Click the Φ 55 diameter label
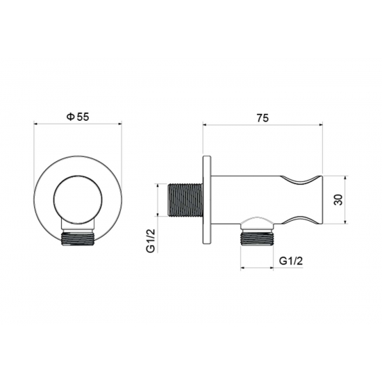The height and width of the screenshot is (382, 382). pyautogui.click(x=78, y=117)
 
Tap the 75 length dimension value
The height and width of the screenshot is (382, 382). pyautogui.click(x=263, y=118)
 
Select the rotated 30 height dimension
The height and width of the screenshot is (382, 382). pyautogui.click(x=338, y=200)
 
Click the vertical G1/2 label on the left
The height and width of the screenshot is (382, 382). pyautogui.click(x=151, y=241)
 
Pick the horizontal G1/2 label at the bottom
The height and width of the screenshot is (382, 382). pyautogui.click(x=291, y=261)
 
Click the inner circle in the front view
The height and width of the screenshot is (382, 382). pyautogui.click(x=78, y=199)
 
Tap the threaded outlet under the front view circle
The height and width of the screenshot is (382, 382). pyautogui.click(x=78, y=239)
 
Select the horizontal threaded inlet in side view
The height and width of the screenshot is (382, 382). pyautogui.click(x=185, y=200)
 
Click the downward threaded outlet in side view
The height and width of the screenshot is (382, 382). pyautogui.click(x=257, y=239)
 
